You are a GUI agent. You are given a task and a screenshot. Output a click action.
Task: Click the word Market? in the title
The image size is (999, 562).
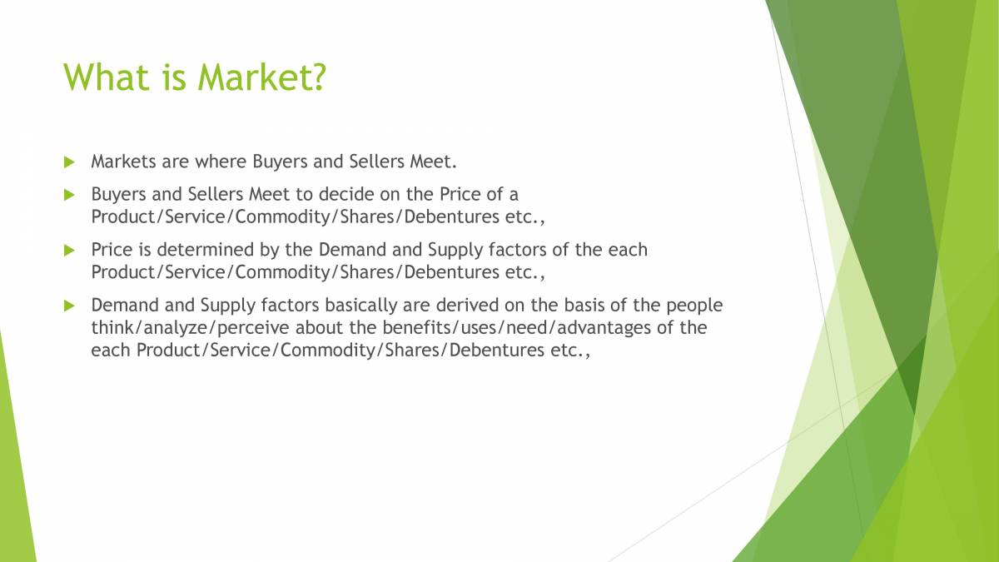[x=262, y=77]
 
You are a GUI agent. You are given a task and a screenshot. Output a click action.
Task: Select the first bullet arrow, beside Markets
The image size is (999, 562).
[x=69, y=160]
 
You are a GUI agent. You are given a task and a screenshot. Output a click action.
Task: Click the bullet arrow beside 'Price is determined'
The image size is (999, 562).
[x=69, y=249]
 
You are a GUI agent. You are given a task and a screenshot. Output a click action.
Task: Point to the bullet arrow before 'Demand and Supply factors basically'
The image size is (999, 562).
[x=69, y=305]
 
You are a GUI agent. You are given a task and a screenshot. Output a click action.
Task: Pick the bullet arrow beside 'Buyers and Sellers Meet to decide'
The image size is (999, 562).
[x=69, y=194]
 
